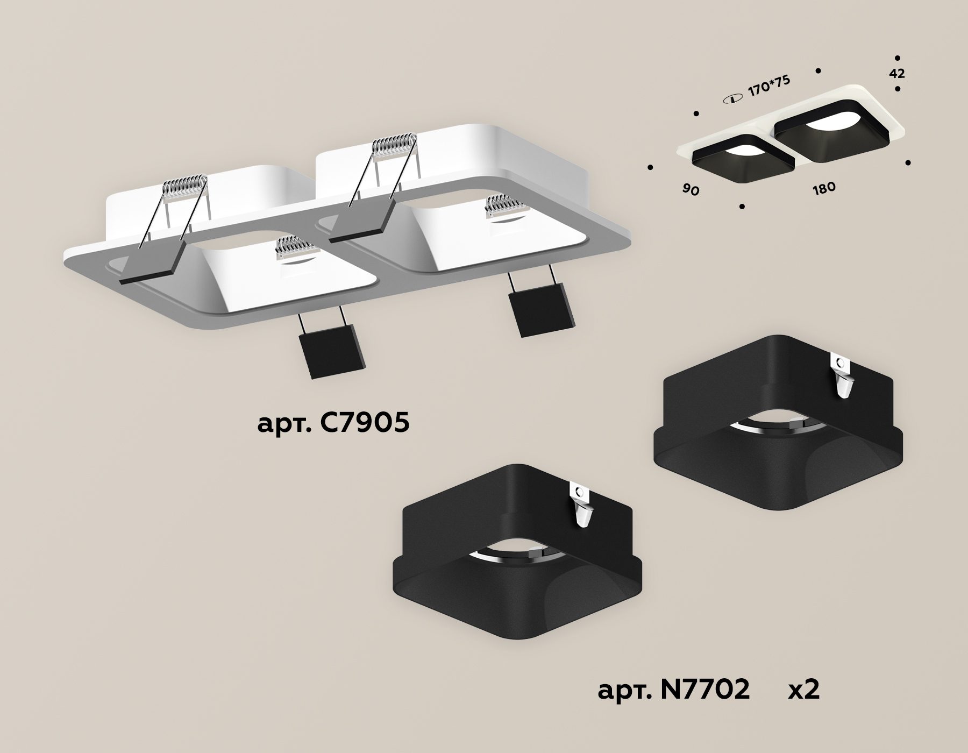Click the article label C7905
pyautogui.click(x=333, y=424)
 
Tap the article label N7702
pyautogui.click(x=673, y=689)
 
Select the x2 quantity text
pyautogui.click(x=803, y=690)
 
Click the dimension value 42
pyautogui.click(x=898, y=74)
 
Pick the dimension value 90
pyautogui.click(x=691, y=189)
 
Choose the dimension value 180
pyautogui.click(x=823, y=188)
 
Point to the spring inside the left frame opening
pyautogui.click(x=296, y=251)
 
